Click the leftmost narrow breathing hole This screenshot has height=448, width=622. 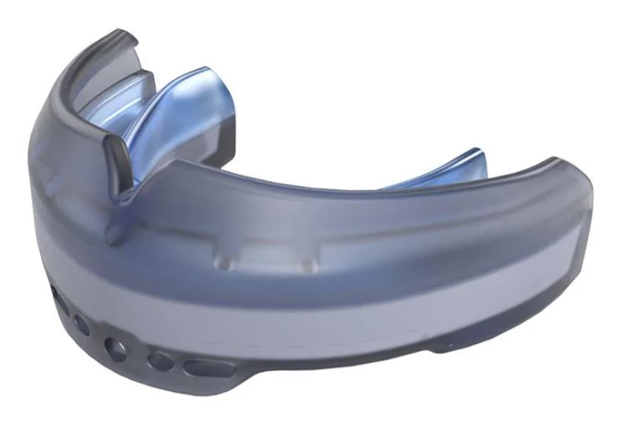pos(55,295)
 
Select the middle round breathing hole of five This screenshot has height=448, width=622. pos(118,347)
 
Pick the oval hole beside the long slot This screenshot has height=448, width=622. pos(157,361)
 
